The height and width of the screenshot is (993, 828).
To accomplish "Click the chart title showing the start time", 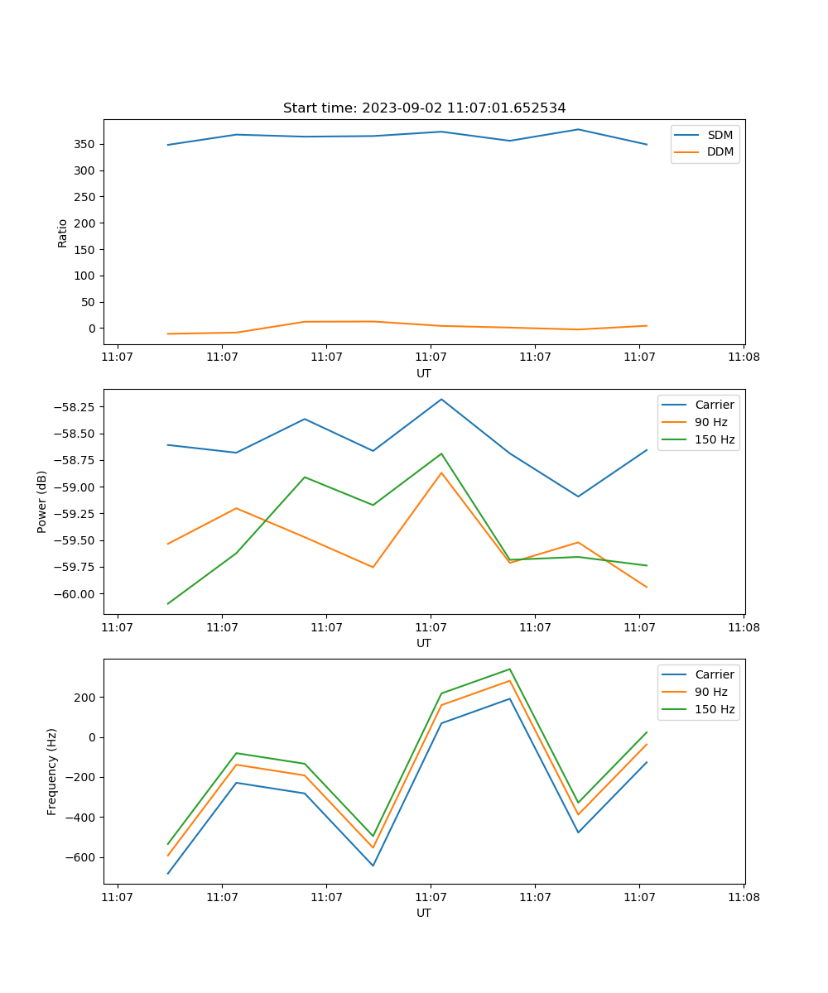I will coord(424,108).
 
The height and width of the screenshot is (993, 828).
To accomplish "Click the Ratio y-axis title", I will coord(63,233).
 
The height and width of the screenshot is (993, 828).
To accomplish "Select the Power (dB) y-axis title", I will coord(42,501).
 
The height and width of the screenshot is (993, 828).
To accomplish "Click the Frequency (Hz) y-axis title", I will coord(52,771).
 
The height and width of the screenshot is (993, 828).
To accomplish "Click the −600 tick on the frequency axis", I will coord(79,858).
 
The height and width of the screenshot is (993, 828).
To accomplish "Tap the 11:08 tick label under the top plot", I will coord(743,357).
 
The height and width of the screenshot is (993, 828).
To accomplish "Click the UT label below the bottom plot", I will coord(424,913).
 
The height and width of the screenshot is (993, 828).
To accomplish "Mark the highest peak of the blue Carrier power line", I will coord(441,399).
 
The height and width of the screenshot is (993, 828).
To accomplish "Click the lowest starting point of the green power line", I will coord(168,603).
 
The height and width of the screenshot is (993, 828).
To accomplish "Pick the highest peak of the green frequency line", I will coord(509,669).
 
